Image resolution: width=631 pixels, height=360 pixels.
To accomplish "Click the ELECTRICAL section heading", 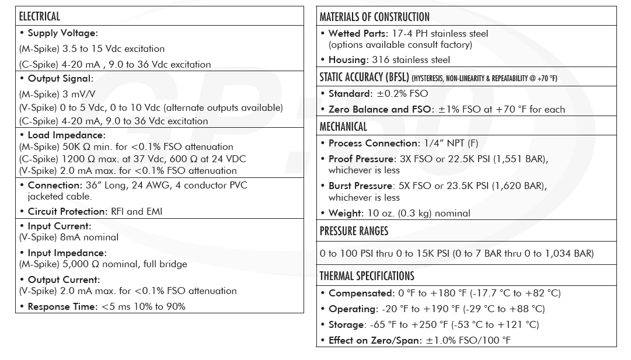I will click(x=40, y=16).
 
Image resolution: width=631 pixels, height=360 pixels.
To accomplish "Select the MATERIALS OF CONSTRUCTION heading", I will click(x=374, y=17).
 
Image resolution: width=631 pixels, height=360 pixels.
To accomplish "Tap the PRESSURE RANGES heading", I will click(x=354, y=231).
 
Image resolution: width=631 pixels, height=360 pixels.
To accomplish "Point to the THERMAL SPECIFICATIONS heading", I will click(x=367, y=276).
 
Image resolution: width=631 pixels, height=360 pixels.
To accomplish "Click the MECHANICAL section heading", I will click(x=343, y=127).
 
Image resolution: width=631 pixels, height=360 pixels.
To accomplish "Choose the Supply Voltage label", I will click(x=62, y=33).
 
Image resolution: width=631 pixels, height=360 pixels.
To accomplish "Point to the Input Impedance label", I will click(x=67, y=253).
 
